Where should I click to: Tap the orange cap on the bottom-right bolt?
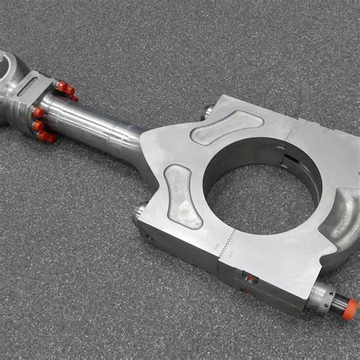click(349, 308)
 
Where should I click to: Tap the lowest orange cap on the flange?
click(48, 137)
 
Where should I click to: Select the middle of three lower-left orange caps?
click(38, 125)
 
